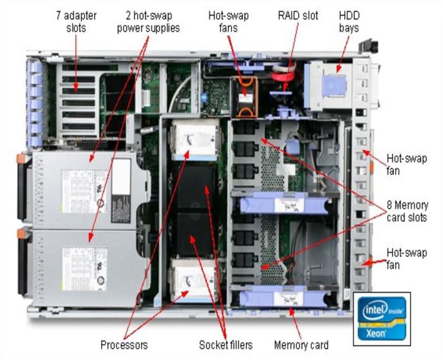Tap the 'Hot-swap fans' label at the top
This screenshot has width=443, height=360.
pyautogui.click(x=228, y=21)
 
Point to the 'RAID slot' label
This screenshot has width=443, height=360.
pyautogui.click(x=298, y=15)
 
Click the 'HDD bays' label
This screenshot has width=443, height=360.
pyautogui.click(x=349, y=21)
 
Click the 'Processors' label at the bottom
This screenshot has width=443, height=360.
pyautogui.click(x=124, y=345)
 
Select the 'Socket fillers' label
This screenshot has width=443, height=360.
pyautogui.click(x=226, y=345)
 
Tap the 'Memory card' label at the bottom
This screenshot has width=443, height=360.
pyautogui.click(x=301, y=345)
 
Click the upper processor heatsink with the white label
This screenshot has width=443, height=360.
pyautogui.click(x=193, y=138)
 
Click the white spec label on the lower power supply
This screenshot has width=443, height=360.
pyautogui.click(x=84, y=269)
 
